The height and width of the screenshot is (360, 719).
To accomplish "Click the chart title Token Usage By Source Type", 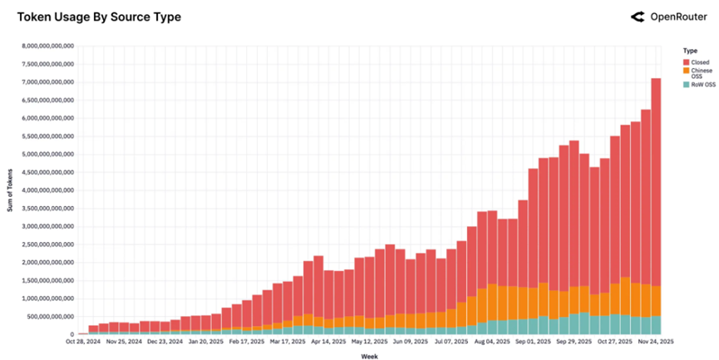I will point(99,17).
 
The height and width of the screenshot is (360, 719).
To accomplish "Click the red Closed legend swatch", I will point(686,62).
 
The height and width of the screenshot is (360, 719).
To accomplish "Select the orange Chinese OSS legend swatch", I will point(686,72).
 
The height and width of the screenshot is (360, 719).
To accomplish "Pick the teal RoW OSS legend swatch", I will point(686,84).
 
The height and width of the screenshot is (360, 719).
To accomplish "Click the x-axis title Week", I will point(371,356).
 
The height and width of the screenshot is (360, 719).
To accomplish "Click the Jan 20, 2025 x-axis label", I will point(206,341).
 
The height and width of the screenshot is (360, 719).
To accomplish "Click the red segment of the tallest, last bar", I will point(656,183).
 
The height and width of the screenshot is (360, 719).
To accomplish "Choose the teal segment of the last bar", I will point(656,325).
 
